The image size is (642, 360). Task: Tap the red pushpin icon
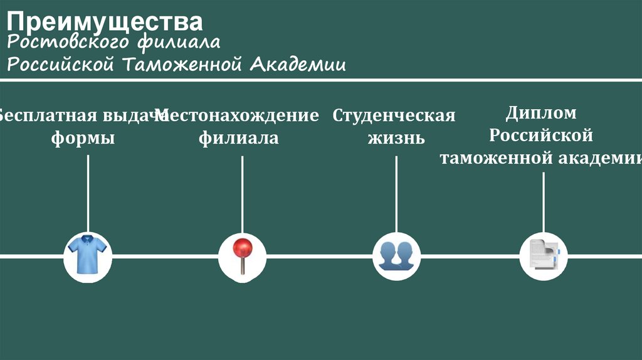pos(242,256)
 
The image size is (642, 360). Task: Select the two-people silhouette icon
pos(396,256)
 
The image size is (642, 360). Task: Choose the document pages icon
pos(543,256)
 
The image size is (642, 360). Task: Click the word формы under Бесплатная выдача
pos(83,138)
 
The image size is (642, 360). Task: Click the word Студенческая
pos(394,116)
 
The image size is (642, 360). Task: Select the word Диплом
pos(540,114)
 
